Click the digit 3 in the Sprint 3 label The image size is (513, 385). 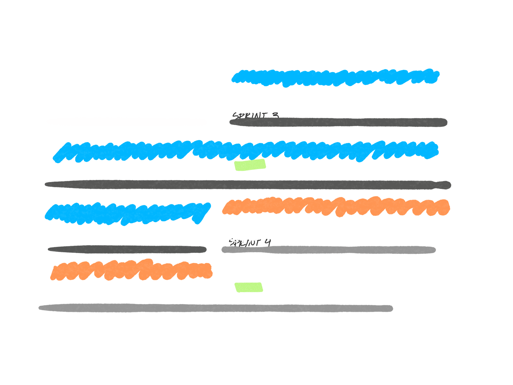coord(275,115)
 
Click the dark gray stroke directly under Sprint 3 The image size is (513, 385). coord(338,122)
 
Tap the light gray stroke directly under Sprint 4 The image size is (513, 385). coord(328,250)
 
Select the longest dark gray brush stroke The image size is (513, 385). coord(248,185)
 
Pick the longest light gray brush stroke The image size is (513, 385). coord(215,308)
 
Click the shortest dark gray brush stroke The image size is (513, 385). coord(127,250)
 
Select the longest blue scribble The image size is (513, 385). coord(245,151)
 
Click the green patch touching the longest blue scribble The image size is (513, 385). coord(250,166)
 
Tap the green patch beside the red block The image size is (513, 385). coord(249,287)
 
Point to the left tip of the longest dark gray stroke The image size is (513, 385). coord(46,184)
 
